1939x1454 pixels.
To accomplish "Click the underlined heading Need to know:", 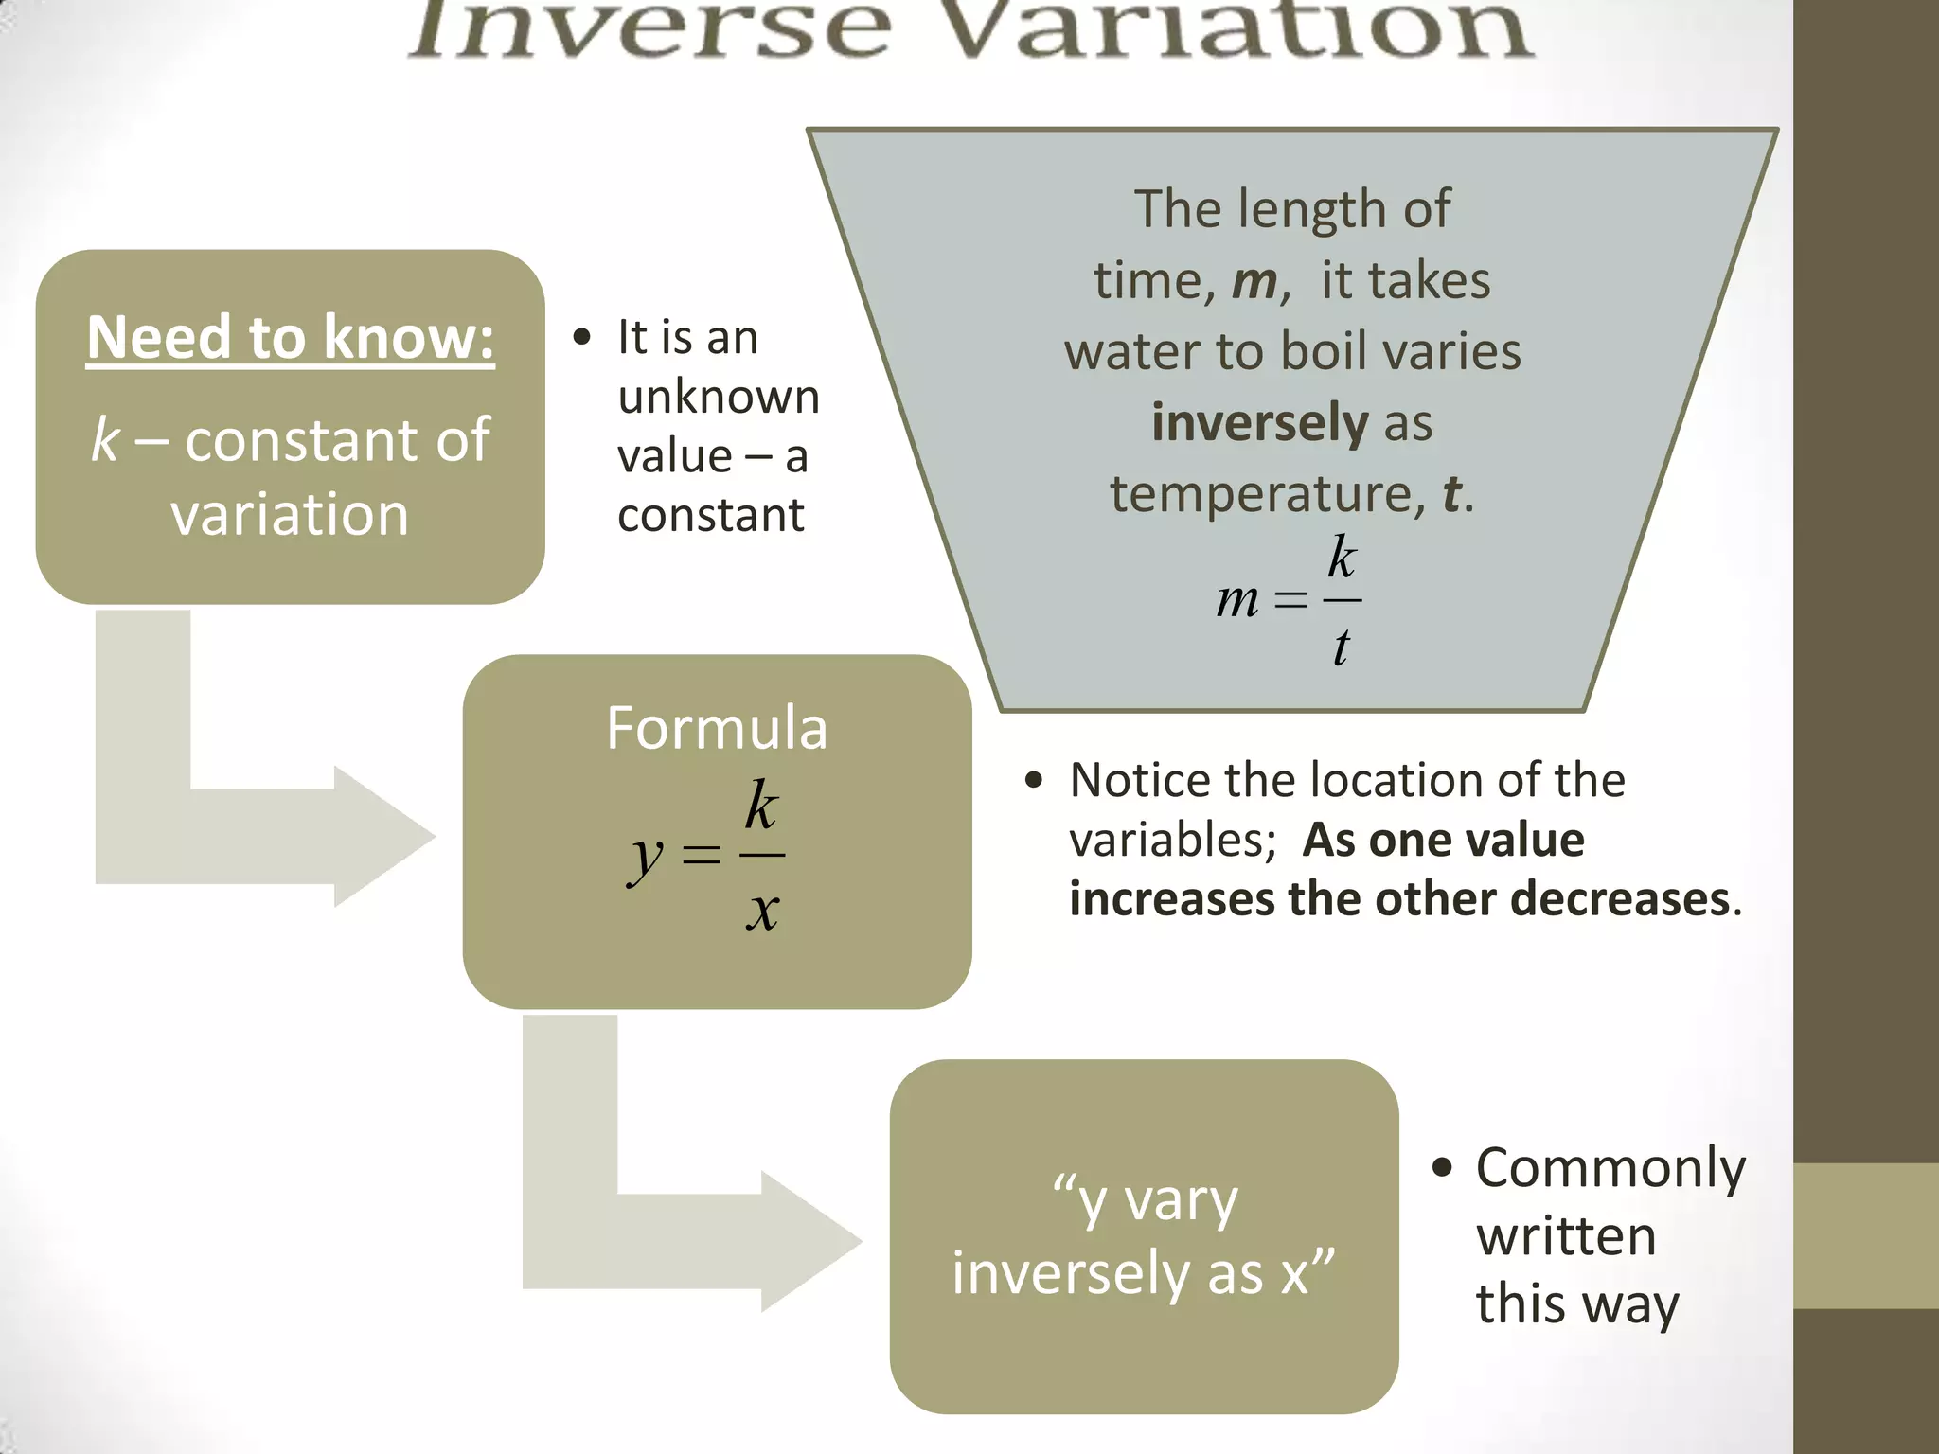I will (x=290, y=337).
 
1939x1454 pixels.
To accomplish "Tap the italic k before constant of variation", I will (x=105, y=440).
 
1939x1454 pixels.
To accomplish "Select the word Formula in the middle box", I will (x=717, y=728).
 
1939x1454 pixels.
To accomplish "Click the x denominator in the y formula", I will (x=762, y=912).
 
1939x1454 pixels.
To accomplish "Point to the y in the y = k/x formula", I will (x=647, y=858).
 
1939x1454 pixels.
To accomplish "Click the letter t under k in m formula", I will (x=1341, y=648).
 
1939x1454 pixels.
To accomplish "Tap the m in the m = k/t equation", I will (x=1237, y=599).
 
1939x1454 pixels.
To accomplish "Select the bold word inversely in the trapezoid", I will (x=1259, y=422).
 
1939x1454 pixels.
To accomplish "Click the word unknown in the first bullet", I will (x=719, y=397).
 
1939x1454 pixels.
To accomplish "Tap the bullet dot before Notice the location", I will (x=1033, y=781).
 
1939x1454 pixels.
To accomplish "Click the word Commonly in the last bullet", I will (x=1610, y=1168).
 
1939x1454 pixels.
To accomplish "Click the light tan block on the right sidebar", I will (x=1865, y=1235).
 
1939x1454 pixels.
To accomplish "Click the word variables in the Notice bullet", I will (x=1172, y=841).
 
